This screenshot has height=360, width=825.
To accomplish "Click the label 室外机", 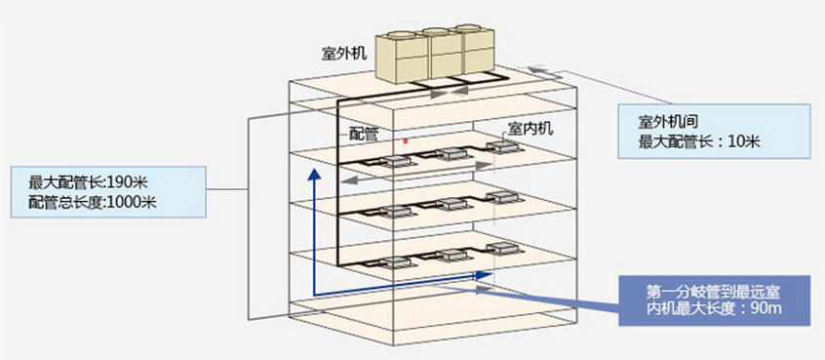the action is click(344, 54).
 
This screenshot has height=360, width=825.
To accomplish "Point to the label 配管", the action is click(364, 134).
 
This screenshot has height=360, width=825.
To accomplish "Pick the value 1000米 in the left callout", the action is click(131, 203).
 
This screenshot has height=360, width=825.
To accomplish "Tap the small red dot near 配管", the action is click(405, 140).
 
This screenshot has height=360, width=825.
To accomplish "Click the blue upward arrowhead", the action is click(314, 175).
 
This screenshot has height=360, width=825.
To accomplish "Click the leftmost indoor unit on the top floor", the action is click(398, 160).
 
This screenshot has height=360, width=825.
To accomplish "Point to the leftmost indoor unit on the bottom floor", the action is click(398, 261).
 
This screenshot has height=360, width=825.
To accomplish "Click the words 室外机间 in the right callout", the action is click(668, 123).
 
